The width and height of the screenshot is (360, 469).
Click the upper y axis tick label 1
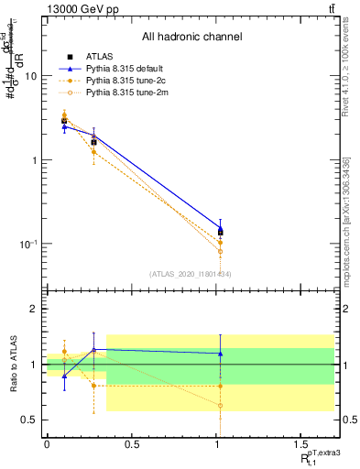pyautogui.click(x=35, y=160)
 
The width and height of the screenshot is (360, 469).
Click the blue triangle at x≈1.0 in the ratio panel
pyautogui.click(x=220, y=353)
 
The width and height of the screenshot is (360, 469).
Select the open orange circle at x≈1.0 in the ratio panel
pyautogui.click(x=220, y=406)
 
